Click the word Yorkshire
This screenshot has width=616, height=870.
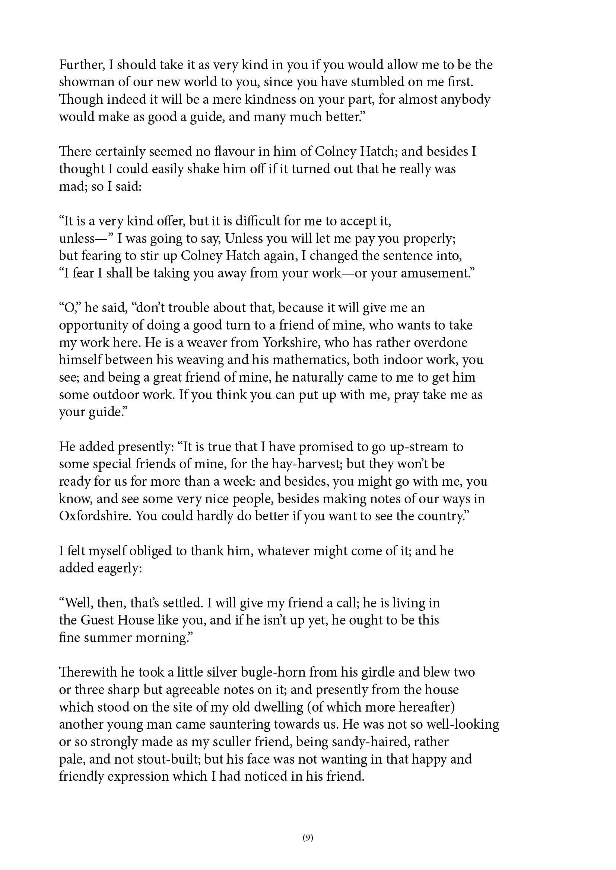292,343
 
